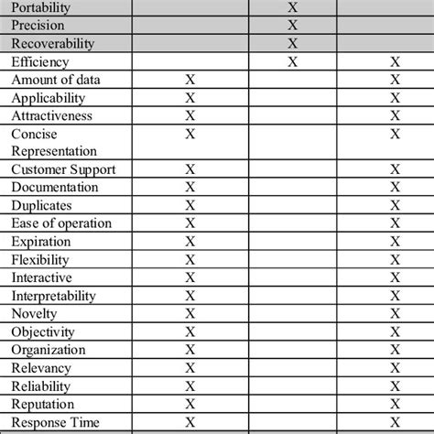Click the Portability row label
click(41, 7)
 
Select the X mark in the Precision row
click(292, 26)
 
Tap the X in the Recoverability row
click(292, 44)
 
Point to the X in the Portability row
click(292, 7)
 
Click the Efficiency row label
click(40, 62)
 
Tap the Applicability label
click(49, 98)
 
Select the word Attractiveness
click(53, 115)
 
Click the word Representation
click(54, 150)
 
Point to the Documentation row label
click(54, 188)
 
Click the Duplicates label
click(41, 205)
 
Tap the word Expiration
click(42, 241)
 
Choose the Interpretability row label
click(54, 295)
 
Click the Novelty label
click(35, 313)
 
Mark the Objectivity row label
click(43, 331)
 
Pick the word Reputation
click(43, 403)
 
